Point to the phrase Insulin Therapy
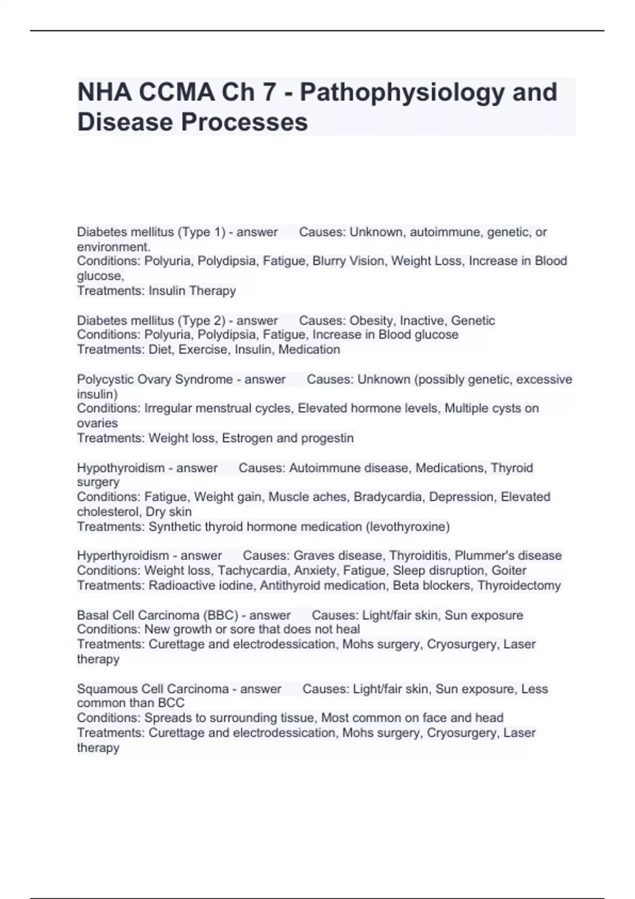[192, 291]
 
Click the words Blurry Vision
[348, 261]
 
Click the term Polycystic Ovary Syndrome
[155, 380]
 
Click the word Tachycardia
[252, 571]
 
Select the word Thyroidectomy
[519, 585]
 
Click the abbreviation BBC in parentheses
[222, 616]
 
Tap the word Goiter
[509, 571]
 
